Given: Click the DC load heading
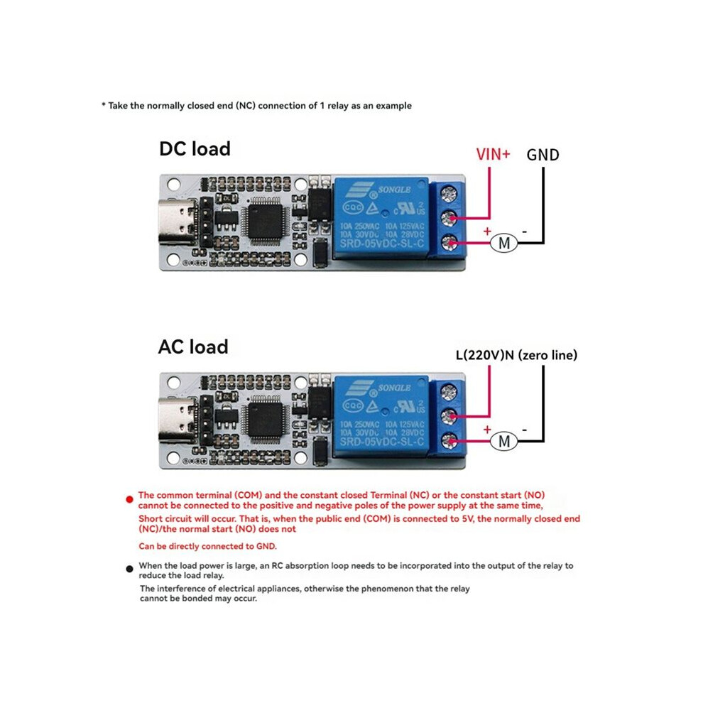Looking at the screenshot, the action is (195, 149).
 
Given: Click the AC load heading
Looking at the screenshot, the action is (193, 347).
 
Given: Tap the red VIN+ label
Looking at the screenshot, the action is (493, 154).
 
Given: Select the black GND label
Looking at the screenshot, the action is (543, 155).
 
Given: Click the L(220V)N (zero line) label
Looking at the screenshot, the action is (516, 355).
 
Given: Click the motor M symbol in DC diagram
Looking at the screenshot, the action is (504, 243).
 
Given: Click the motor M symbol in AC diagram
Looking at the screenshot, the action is (504, 441).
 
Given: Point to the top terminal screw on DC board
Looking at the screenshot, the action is (449, 194).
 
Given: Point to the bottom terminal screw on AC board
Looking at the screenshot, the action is (449, 441).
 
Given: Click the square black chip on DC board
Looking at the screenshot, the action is (265, 221).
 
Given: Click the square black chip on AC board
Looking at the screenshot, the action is (265, 420).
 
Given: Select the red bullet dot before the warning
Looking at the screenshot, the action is (129, 499).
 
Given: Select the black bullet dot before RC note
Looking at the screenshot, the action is (129, 569).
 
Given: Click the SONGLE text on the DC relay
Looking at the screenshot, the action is (394, 190).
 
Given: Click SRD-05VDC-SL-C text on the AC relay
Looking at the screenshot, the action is (381, 442).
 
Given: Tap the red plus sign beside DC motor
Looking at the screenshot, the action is (487, 231).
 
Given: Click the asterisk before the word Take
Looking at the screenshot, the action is (104, 105).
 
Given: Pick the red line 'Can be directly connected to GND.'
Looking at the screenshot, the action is (207, 546).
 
